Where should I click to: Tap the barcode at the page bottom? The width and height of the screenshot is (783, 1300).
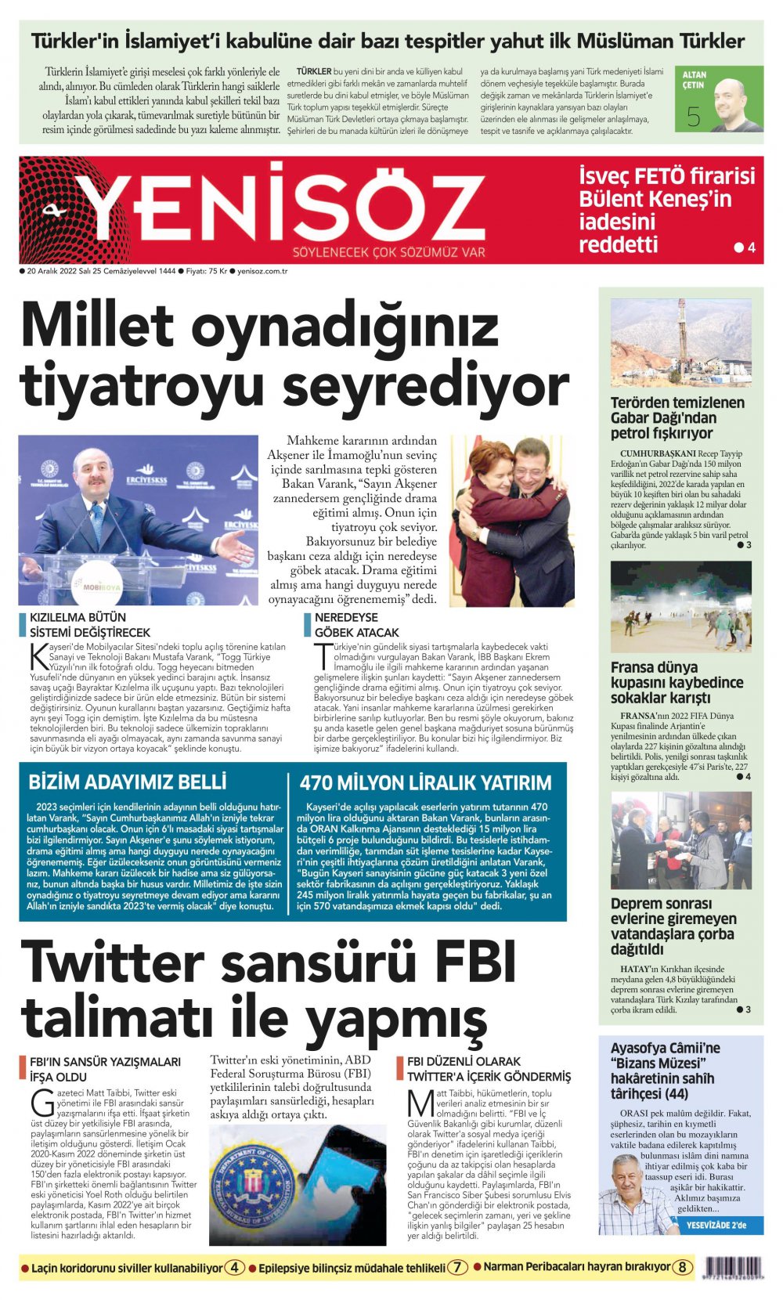tap(734, 1267)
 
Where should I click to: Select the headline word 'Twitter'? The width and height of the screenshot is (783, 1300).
tap(113, 962)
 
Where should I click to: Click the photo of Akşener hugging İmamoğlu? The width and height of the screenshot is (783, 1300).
tap(512, 521)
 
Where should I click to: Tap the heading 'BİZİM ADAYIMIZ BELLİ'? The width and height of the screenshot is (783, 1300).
tap(128, 782)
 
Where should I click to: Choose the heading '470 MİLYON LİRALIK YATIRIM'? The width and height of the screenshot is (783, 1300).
tap(425, 782)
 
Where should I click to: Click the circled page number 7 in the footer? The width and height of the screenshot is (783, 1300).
tap(458, 1267)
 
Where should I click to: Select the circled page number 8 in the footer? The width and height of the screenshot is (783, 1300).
tap(683, 1266)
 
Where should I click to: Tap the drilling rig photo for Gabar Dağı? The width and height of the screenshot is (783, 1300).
tap(680, 342)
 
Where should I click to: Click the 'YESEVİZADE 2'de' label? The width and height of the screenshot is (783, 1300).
tap(716, 1225)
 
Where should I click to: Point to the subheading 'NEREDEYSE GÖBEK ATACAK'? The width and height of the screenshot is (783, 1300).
tap(356, 624)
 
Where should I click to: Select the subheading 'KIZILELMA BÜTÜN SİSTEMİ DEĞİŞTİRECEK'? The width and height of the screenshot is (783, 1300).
tap(90, 624)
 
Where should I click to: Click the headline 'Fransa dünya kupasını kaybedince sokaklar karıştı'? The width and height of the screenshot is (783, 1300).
tap(677, 682)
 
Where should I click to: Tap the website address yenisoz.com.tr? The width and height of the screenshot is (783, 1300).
tap(262, 271)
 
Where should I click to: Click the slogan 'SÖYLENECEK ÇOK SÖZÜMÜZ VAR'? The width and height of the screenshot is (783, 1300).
tap(388, 252)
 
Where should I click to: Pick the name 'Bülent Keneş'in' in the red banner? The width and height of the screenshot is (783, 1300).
tap(655, 199)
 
